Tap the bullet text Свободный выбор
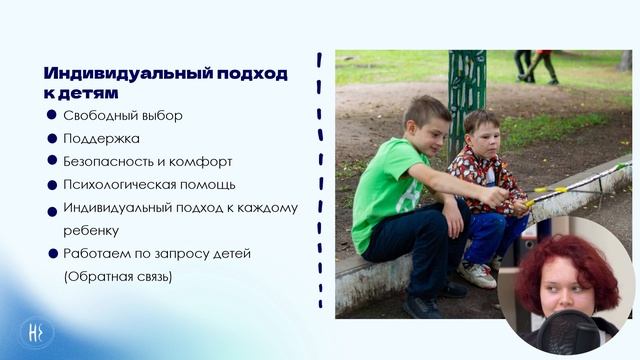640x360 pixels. pyautogui.click(x=123, y=115)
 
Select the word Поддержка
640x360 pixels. pyautogui.click(x=101, y=138)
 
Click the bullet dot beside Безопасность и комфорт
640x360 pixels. pyautogui.click(x=52, y=160)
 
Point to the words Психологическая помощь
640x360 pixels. pyautogui.click(x=149, y=184)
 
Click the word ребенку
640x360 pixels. pyautogui.click(x=91, y=230)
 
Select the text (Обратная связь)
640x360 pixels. pyautogui.click(x=117, y=276)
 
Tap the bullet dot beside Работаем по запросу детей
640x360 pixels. pyautogui.click(x=52, y=254)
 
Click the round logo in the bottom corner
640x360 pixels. pyautogui.click(x=37, y=333)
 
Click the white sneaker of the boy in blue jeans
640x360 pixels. pyautogui.click(x=477, y=274)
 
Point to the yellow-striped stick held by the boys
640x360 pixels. pyautogui.click(x=580, y=184)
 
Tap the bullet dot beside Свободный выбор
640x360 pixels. pyautogui.click(x=52, y=115)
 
